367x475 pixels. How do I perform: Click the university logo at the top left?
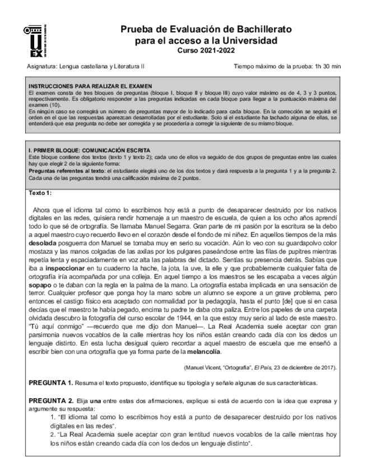coord(35,42)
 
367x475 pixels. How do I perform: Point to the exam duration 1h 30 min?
coord(328,66)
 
